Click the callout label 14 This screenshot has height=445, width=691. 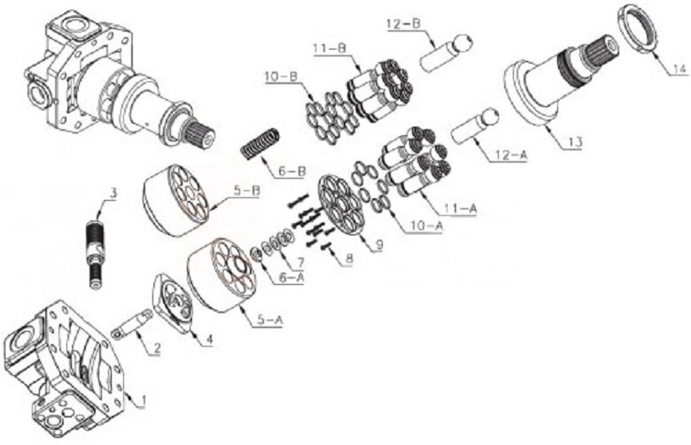click(x=679, y=69)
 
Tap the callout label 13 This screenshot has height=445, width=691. click(x=575, y=142)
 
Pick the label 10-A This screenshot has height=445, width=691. click(x=426, y=226)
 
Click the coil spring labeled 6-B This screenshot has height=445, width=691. click(x=260, y=144)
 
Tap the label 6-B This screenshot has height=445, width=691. click(x=291, y=171)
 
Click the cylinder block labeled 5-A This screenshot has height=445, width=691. click(x=221, y=275)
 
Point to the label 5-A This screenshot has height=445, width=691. click(x=269, y=320)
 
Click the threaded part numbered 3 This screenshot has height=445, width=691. click(x=96, y=253)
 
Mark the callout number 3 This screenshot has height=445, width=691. click(x=113, y=193)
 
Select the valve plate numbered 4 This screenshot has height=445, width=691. click(x=173, y=302)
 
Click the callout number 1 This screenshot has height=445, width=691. click(x=142, y=401)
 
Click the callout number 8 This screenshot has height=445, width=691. click(x=349, y=259)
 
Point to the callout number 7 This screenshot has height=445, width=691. click(x=300, y=263)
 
